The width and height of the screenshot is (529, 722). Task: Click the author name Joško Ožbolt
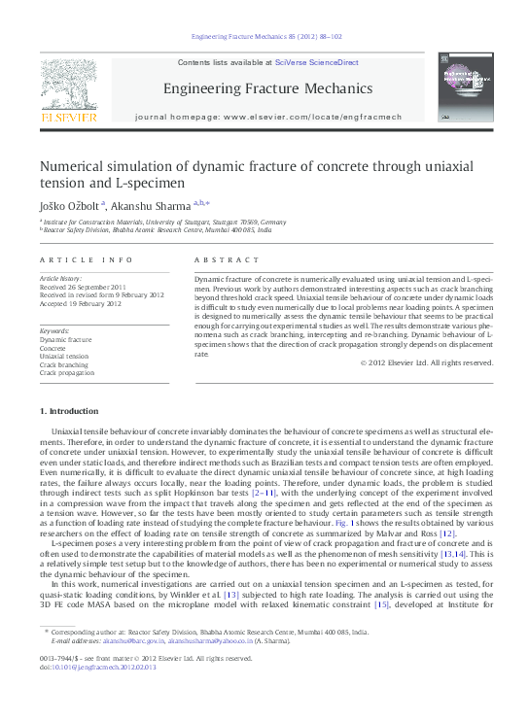pos(66,205)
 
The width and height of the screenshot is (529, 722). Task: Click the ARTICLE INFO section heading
pos(87,260)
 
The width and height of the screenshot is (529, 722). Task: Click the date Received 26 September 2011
pos(83,288)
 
